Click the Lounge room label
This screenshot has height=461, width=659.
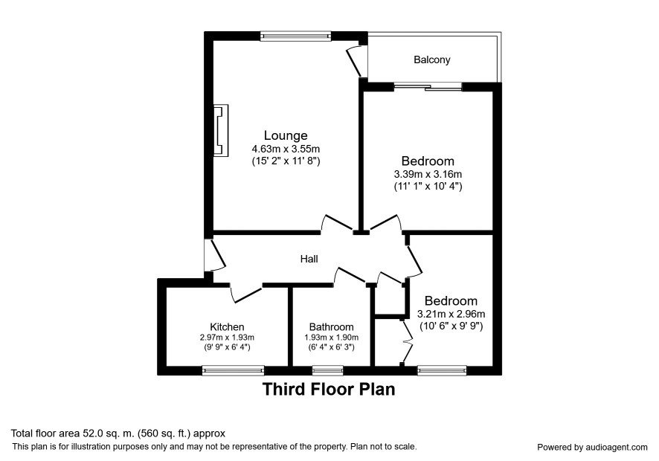pyautogui.click(x=286, y=135)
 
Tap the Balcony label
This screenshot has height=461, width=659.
pyautogui.click(x=431, y=59)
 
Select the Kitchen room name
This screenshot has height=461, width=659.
pyautogui.click(x=227, y=326)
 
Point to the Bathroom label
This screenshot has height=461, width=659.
pyautogui.click(x=331, y=326)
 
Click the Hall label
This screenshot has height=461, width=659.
pyautogui.click(x=309, y=259)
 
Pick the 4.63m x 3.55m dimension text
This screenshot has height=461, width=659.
pyautogui.click(x=286, y=149)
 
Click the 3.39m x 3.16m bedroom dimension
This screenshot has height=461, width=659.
pyautogui.click(x=428, y=174)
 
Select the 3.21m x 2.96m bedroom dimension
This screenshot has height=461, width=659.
pyautogui.click(x=451, y=314)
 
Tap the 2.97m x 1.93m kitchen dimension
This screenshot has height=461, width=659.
pyautogui.click(x=227, y=338)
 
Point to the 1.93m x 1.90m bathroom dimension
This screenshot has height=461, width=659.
pyautogui.click(x=331, y=338)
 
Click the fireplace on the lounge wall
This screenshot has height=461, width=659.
pyautogui.click(x=221, y=130)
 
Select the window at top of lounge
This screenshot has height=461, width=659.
pyautogui.click(x=295, y=36)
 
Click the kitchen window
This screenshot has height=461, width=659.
pyautogui.click(x=234, y=370)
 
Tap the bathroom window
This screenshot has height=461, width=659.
pyautogui.click(x=328, y=370)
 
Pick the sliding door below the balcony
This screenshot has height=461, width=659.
pyautogui.click(x=428, y=87)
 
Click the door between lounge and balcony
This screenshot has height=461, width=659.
pyautogui.click(x=355, y=61)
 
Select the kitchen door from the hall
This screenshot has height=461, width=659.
pyautogui.click(x=247, y=293)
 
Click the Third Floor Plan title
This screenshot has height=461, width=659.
pyautogui.click(x=329, y=389)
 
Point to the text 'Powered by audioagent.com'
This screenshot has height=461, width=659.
pyautogui.click(x=592, y=447)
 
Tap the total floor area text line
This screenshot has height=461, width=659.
pyautogui.click(x=118, y=433)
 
